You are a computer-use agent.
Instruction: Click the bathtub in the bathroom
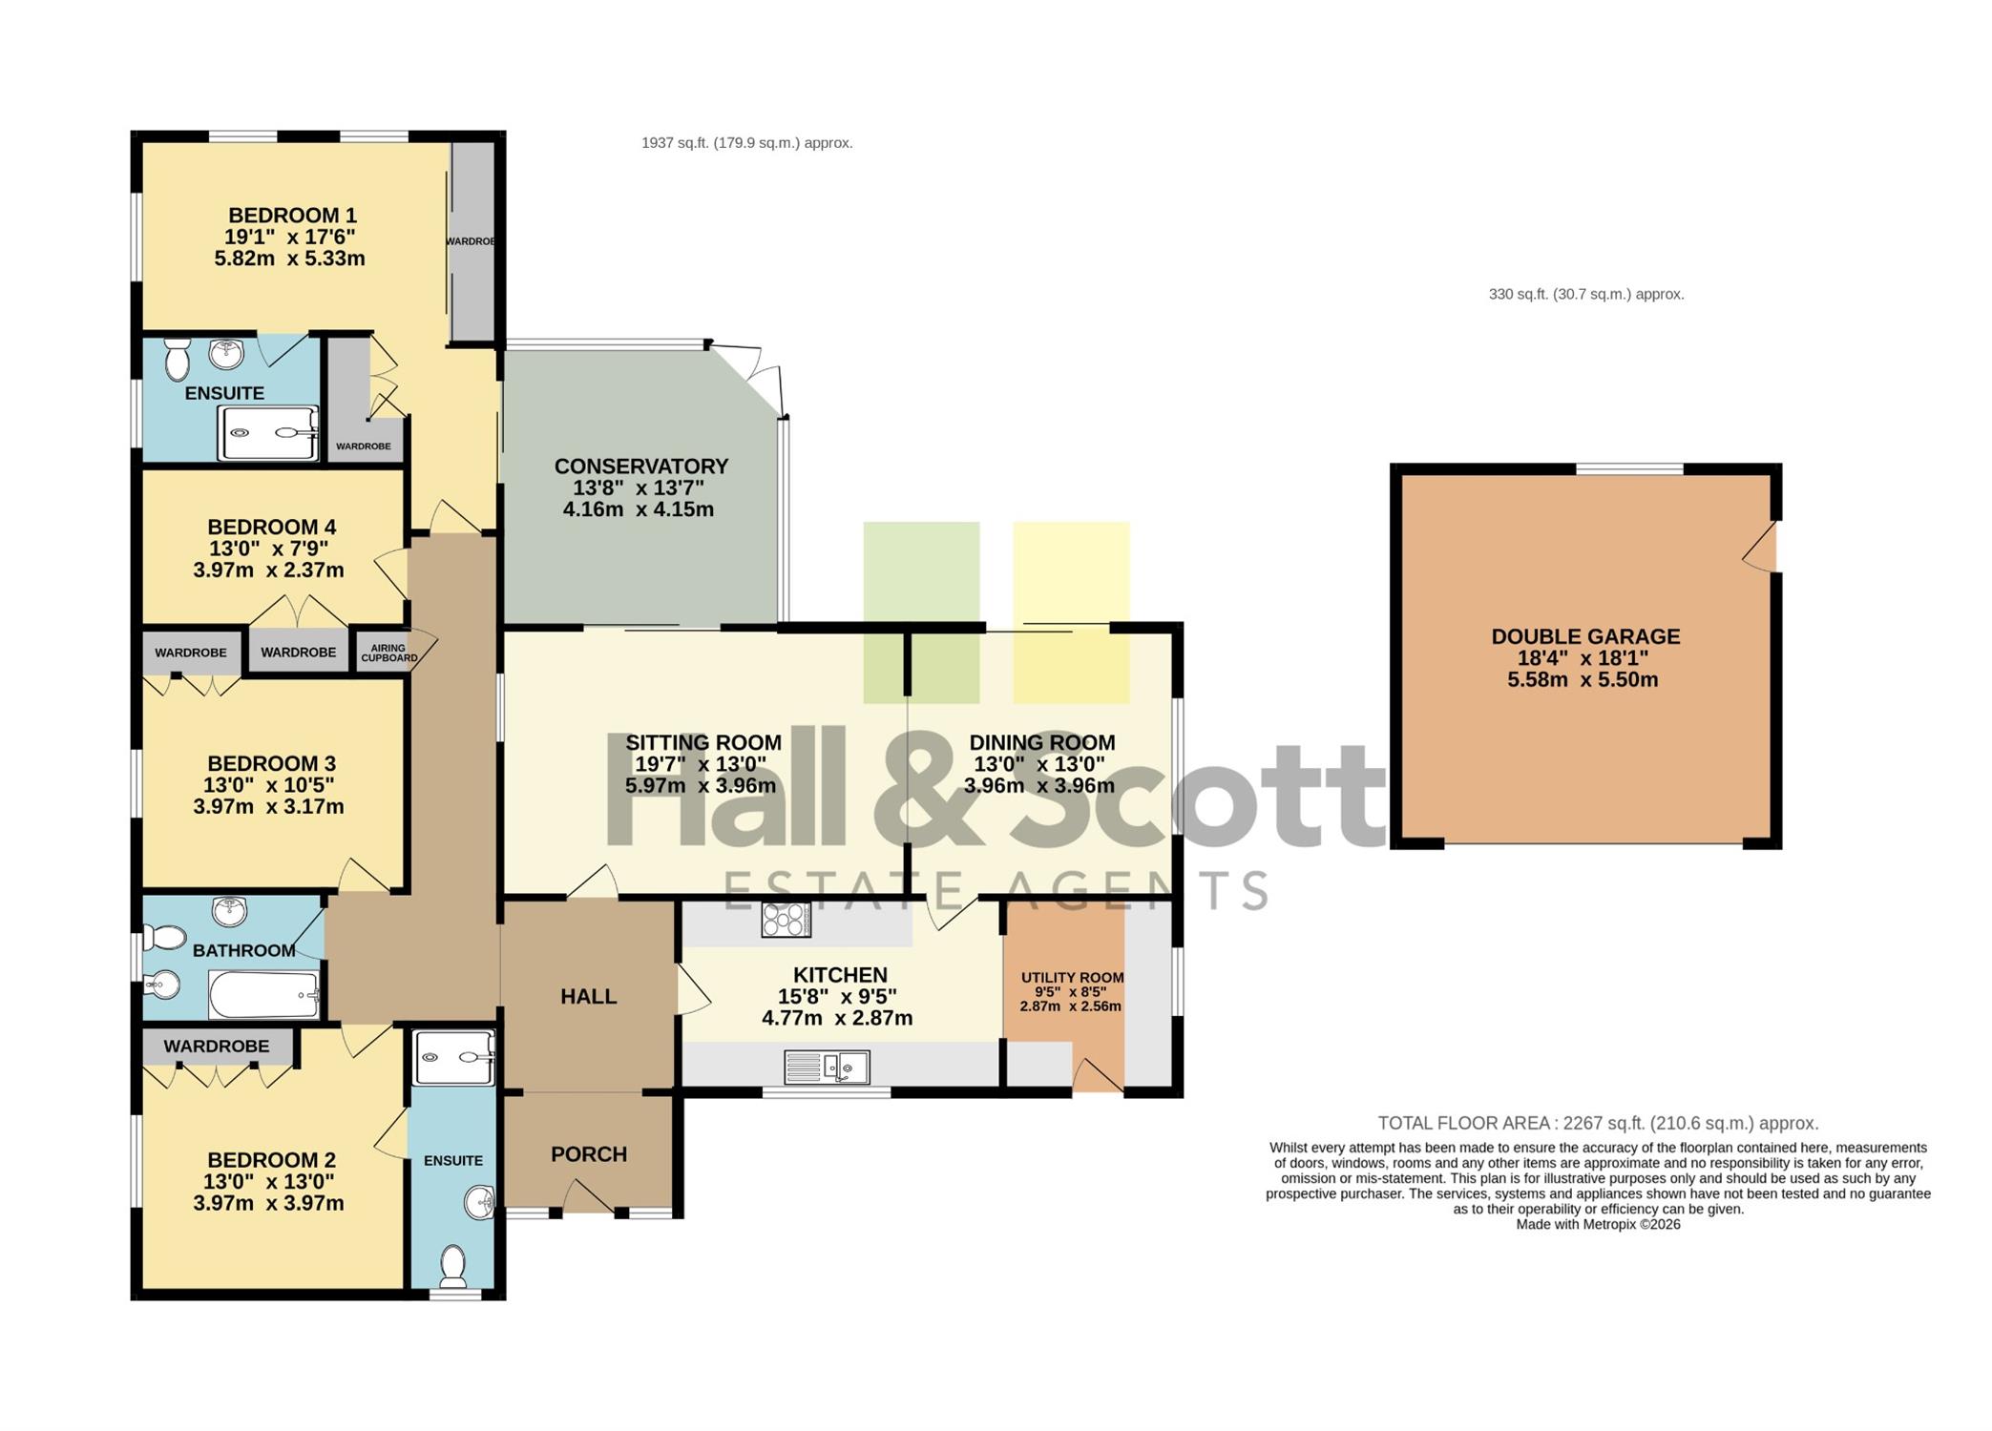[263, 995]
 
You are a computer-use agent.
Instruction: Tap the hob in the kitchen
[786, 920]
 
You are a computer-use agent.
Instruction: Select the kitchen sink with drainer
[827, 1067]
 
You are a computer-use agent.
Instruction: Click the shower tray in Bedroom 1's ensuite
[268, 433]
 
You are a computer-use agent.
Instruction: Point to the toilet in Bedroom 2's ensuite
[452, 1265]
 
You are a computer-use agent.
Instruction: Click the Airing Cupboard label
[388, 653]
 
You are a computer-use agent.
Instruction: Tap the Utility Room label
[1072, 977]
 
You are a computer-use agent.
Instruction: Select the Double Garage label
[1585, 636]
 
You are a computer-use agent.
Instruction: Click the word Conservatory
[641, 467]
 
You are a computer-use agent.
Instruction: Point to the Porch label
[589, 1154]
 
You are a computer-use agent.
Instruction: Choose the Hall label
[589, 997]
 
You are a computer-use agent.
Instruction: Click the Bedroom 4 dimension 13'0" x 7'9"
[268, 549]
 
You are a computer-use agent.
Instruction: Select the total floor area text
[1598, 1124]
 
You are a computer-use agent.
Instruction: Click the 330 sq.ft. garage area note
[1586, 295]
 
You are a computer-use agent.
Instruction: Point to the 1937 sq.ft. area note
[747, 143]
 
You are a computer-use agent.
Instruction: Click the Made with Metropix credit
[1598, 1225]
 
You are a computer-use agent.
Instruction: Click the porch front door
[589, 1197]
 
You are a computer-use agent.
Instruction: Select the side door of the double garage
[1761, 547]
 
